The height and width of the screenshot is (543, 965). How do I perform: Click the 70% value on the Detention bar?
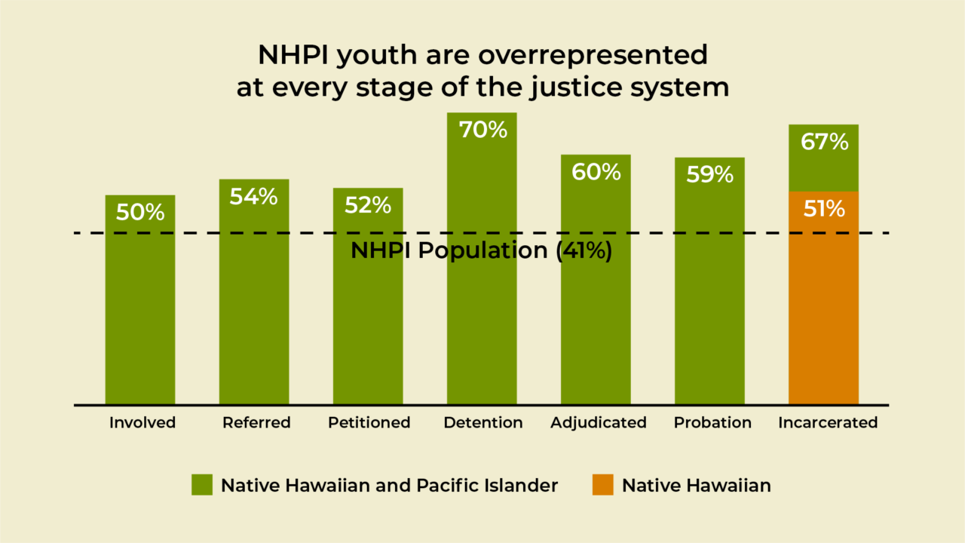tap(483, 130)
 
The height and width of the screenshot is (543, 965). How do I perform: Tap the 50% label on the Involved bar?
tap(140, 212)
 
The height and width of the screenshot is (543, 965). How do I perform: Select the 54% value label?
tap(254, 197)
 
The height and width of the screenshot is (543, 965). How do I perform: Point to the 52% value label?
tap(368, 204)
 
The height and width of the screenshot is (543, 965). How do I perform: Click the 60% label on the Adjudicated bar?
tap(596, 172)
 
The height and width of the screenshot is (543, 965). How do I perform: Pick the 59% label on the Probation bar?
tap(709, 174)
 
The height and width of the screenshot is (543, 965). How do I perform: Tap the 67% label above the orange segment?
tap(824, 141)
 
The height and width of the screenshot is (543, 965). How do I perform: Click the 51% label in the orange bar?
tap(824, 208)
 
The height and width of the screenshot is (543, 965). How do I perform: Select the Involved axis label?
tap(142, 422)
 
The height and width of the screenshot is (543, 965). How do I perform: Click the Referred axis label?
tap(256, 422)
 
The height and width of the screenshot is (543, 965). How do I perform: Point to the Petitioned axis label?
tap(369, 422)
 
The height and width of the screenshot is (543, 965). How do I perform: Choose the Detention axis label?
tap(483, 422)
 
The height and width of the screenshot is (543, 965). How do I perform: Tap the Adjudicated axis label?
tap(599, 422)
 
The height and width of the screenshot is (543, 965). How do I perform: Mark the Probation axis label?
tap(712, 422)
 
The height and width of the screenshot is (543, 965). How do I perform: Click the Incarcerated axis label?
tap(828, 422)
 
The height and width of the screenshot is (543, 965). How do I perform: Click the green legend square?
tap(201, 485)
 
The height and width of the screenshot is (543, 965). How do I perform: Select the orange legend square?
tap(602, 485)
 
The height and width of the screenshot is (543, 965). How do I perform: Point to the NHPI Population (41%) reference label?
tap(481, 251)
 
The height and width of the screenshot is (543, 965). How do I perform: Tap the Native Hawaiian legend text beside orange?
tap(696, 485)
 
